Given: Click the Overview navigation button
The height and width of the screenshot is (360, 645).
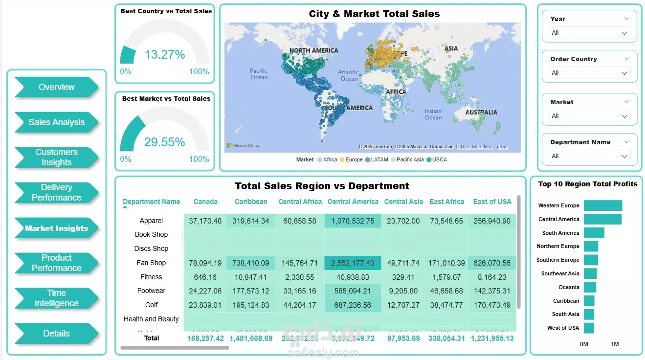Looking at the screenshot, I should pos(57,87).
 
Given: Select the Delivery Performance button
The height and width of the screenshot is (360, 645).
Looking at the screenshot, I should pos(57,193).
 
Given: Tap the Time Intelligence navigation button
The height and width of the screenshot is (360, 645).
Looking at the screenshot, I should pos(57,298).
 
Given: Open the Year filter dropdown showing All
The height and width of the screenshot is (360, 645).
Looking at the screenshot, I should pos(589,33).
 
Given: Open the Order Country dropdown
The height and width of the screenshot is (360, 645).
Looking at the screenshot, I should pos(589,73).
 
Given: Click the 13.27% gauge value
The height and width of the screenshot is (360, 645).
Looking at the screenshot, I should pos(165,55).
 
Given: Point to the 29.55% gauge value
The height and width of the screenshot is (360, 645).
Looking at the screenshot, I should pos(165,142).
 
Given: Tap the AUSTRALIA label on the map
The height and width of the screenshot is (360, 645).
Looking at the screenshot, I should pos(481,112).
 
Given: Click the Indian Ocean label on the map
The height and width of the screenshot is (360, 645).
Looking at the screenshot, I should pos(433,114).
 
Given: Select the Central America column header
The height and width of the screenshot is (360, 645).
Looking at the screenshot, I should pos(353,202).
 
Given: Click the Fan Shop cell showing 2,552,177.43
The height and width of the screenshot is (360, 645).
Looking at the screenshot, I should pos(353,263).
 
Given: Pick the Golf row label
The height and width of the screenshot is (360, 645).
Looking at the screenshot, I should pos(152,305).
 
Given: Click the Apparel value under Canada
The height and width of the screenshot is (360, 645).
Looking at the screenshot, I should pos(205,221).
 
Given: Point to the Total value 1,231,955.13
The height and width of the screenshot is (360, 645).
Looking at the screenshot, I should pos(492,338).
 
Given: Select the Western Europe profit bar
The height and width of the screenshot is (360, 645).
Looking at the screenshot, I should pos(602,205).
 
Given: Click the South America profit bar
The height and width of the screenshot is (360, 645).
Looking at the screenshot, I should pos(594,233).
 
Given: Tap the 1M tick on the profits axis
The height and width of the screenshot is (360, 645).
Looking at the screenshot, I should pos(615,344).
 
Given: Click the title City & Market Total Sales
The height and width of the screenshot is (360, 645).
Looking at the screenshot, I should pos(374,14).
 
